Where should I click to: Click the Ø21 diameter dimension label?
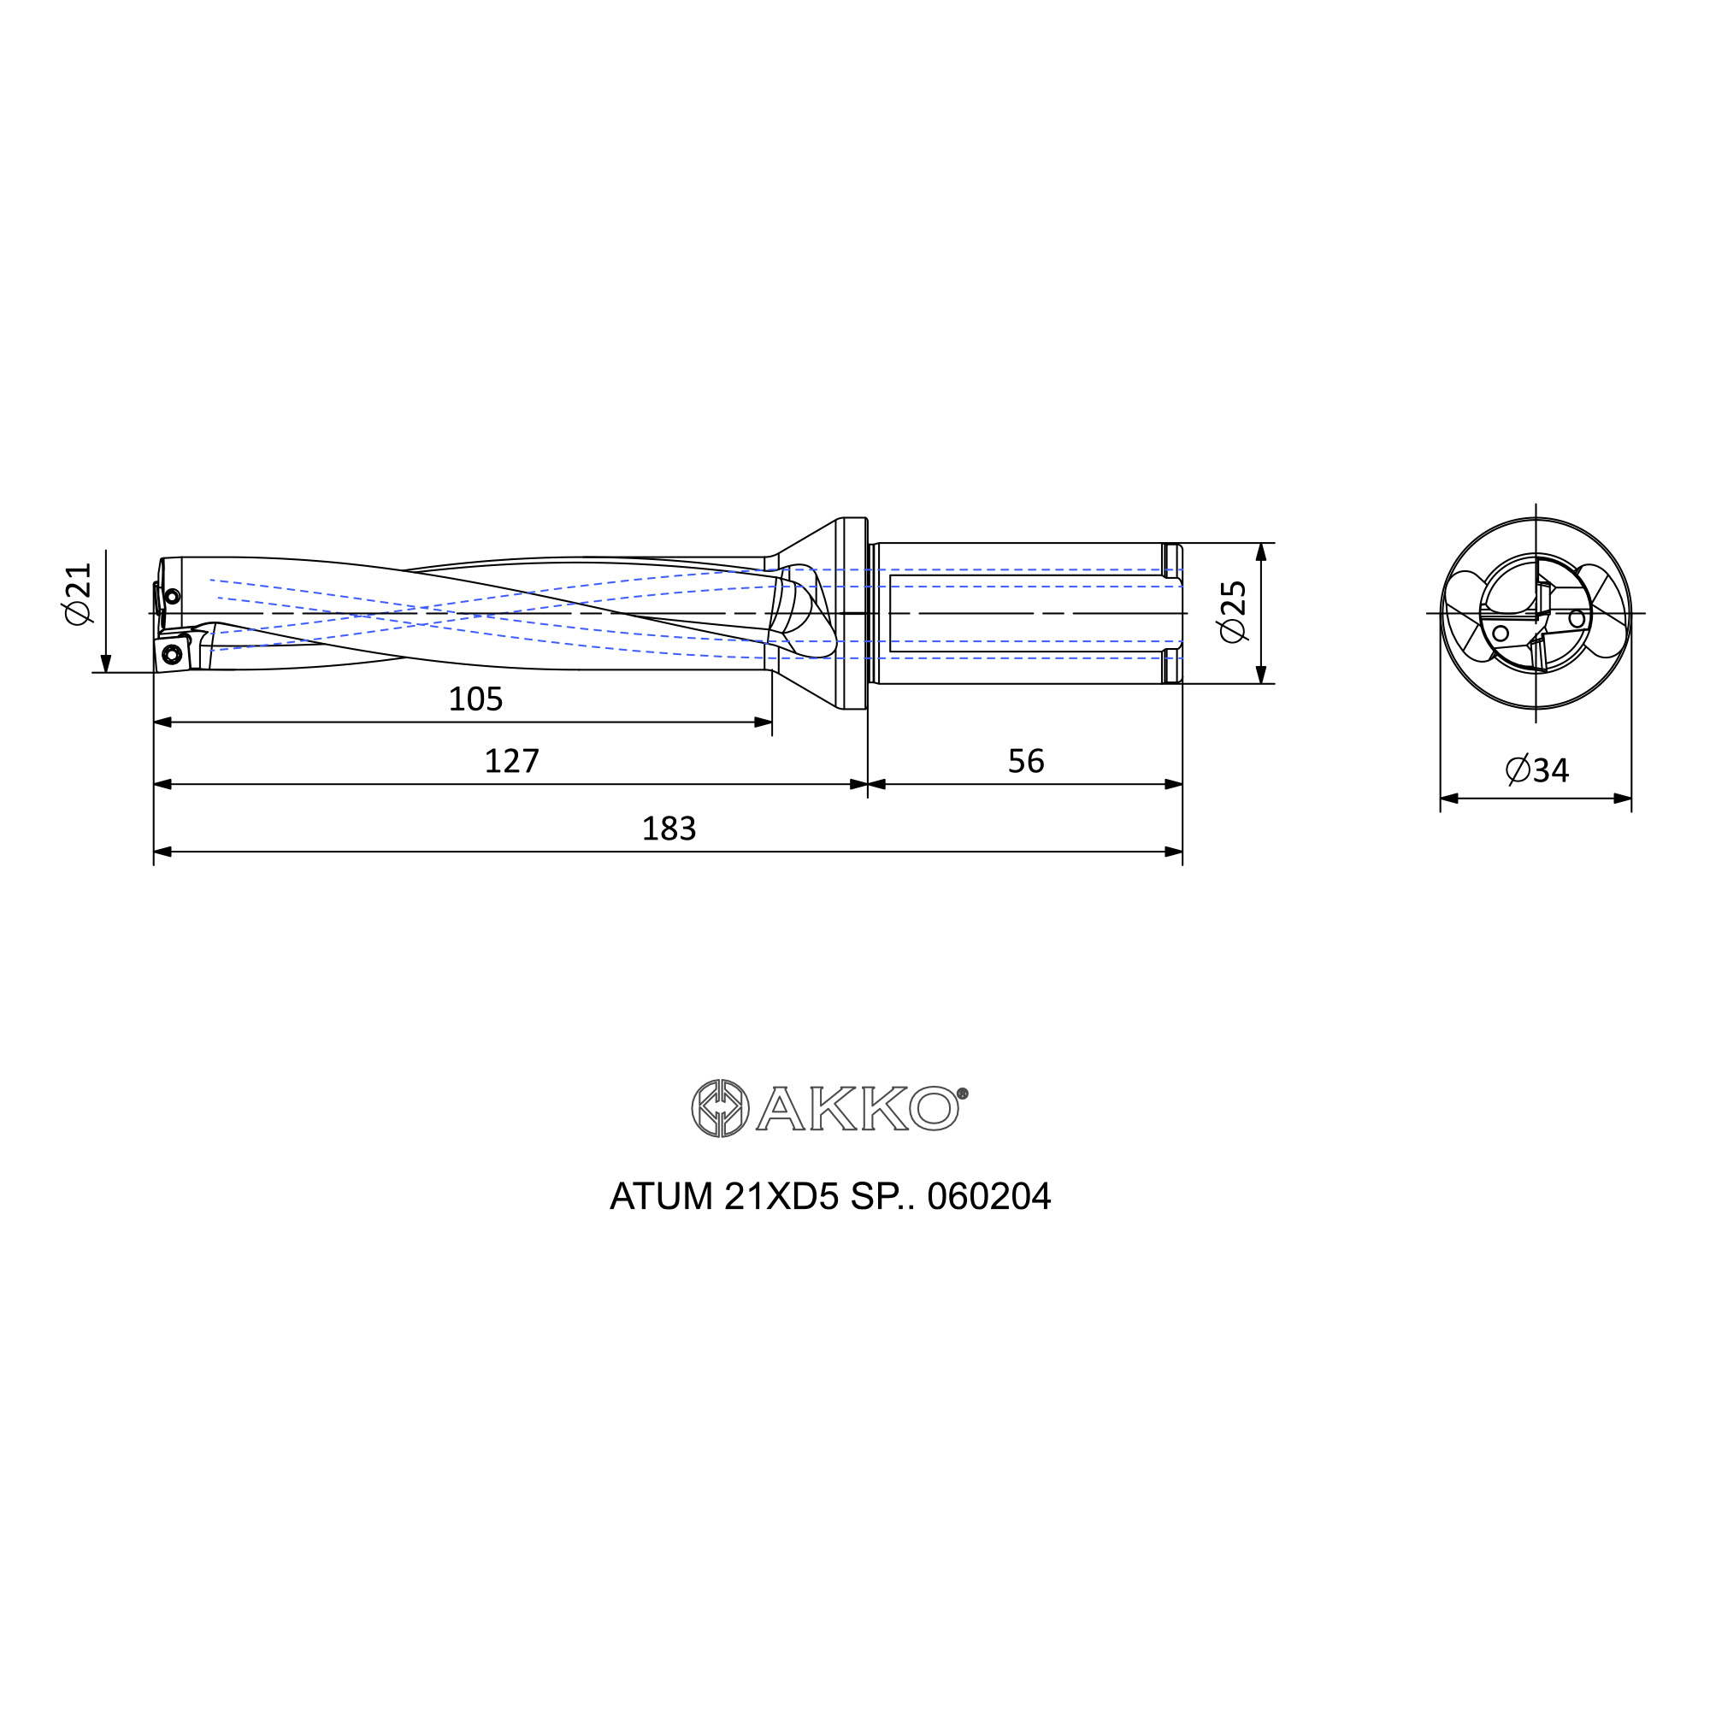pyautogui.click(x=78, y=594)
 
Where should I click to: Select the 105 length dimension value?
pyautogui.click(x=475, y=699)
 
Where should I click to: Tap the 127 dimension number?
pyautogui.click(x=511, y=761)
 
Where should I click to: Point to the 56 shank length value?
pyautogui.click(x=1026, y=761)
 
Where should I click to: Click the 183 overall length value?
pyautogui.click(x=669, y=828)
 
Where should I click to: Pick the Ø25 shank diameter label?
pyautogui.click(x=1232, y=611)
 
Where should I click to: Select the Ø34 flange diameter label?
pyautogui.click(x=1536, y=770)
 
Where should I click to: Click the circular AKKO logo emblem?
pyautogui.click(x=720, y=1108)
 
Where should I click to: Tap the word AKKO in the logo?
pyautogui.click(x=857, y=1108)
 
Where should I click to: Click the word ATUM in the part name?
pyautogui.click(x=661, y=1197)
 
